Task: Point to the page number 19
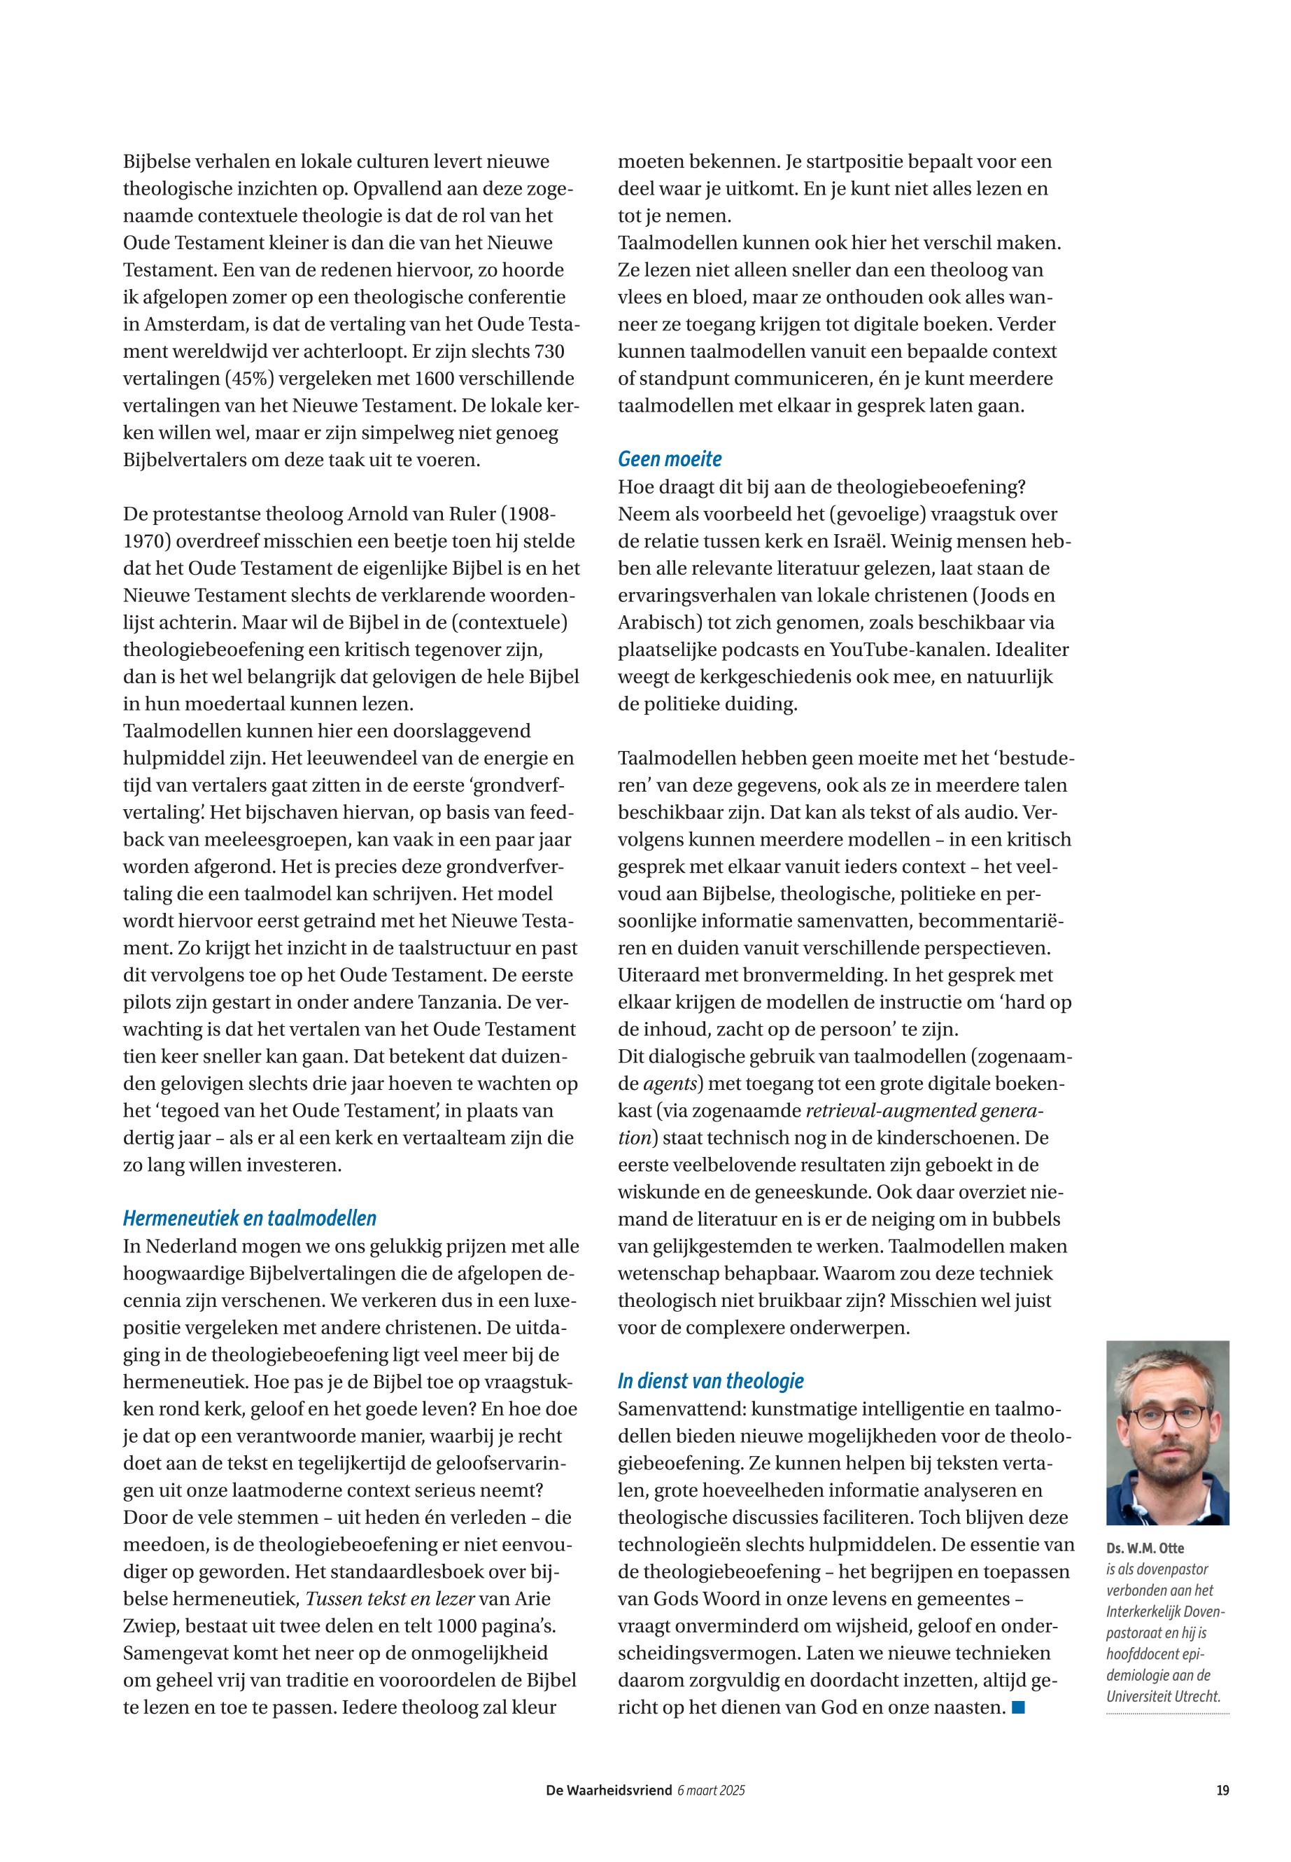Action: point(1222,1791)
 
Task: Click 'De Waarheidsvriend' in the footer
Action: point(608,1791)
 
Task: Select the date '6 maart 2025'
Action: point(710,1791)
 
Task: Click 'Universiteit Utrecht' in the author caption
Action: point(1162,1697)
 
